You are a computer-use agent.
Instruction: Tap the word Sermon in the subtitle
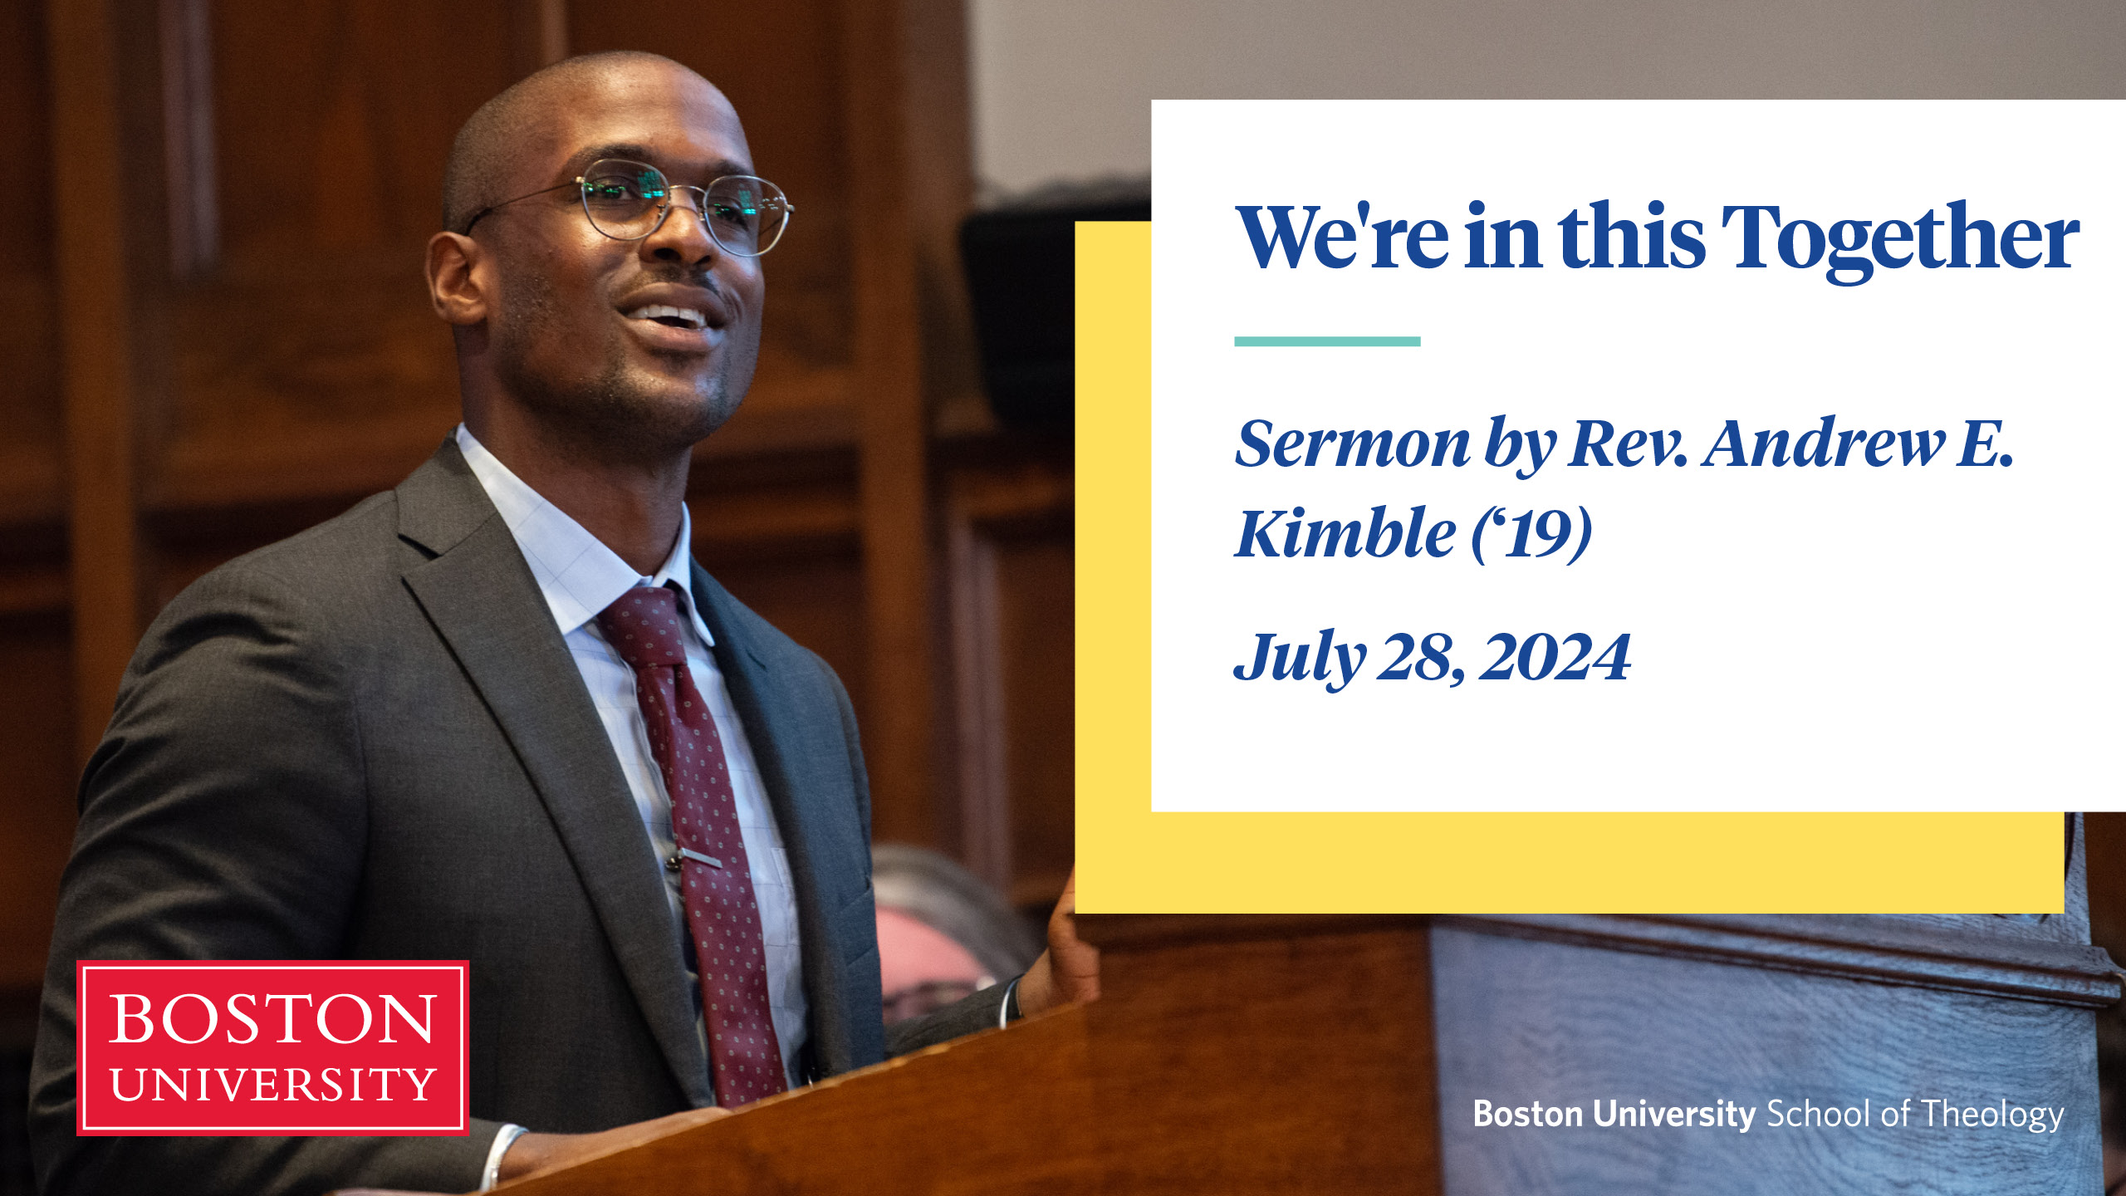1352,444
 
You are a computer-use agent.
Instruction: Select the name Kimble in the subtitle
1346,532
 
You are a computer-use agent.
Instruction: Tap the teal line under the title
1327,341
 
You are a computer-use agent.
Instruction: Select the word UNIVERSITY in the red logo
272,1085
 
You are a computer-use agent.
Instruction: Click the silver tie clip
694,856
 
